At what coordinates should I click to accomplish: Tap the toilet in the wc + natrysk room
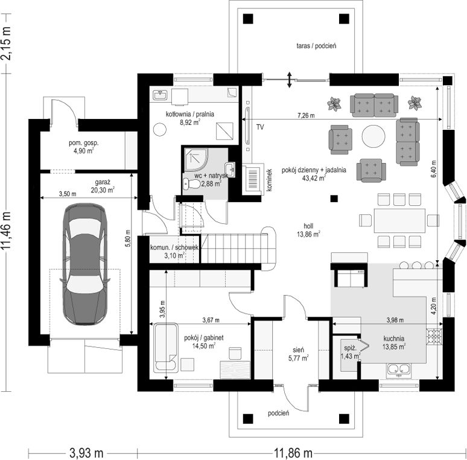point(192,184)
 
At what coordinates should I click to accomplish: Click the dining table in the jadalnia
point(399,220)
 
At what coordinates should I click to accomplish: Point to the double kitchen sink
point(399,370)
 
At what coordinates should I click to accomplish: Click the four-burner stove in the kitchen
point(434,336)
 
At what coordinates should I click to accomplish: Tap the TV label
point(260,127)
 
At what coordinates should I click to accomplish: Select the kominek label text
point(269,180)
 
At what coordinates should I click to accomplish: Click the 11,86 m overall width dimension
point(293,453)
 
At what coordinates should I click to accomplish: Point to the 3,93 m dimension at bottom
point(86,453)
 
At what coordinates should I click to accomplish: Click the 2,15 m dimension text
point(7,43)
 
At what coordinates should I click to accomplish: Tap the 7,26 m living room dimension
point(306,115)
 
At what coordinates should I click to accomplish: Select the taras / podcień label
point(316,46)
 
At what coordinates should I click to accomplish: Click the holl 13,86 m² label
point(308,230)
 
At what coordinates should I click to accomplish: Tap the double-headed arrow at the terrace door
point(289,80)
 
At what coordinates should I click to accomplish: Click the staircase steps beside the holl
point(234,249)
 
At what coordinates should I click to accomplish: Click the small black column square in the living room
point(334,199)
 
